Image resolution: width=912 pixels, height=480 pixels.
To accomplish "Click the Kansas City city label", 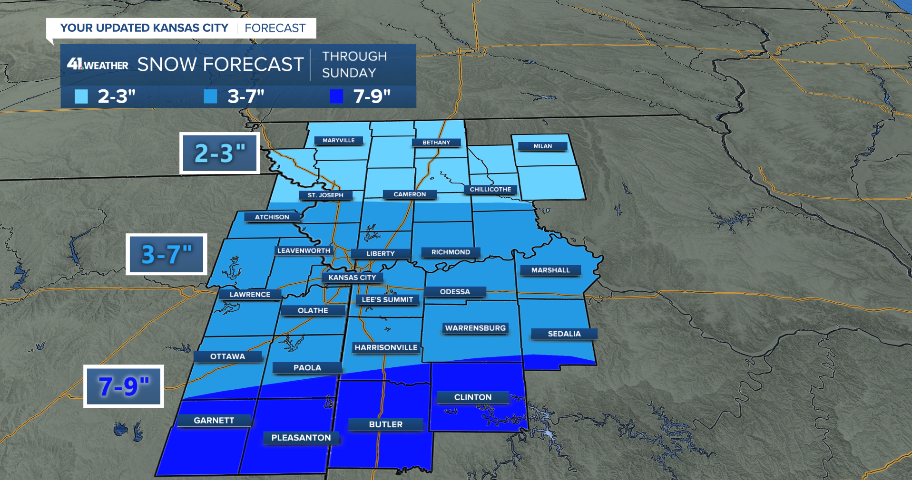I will [352, 278].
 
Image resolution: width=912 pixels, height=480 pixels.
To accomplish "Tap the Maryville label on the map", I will [338, 141].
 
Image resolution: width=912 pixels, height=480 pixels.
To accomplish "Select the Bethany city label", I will [436, 143].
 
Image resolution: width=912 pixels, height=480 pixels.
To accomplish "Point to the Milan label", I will [542, 146].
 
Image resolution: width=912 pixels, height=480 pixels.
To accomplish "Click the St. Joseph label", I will [325, 195].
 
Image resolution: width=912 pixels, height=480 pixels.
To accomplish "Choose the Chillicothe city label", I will [490, 190].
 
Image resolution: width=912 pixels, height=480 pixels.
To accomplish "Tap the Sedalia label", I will [564, 334].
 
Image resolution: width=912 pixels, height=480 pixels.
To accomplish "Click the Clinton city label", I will [472, 397].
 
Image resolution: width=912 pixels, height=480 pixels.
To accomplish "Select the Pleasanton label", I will [301, 438].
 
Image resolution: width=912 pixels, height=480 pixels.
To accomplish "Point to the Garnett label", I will [214, 421].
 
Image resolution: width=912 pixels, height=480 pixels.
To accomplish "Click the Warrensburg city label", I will [475, 328].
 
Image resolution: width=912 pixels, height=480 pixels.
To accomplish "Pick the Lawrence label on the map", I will [250, 295].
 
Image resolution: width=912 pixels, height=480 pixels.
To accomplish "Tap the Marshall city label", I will [550, 270].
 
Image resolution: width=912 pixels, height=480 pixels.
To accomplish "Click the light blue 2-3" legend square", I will [81, 96].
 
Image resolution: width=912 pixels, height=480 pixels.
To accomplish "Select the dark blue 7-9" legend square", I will [336, 96].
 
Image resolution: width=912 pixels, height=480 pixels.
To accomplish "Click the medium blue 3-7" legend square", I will [210, 96].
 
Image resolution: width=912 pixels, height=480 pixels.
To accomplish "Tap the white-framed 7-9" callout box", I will [124, 386].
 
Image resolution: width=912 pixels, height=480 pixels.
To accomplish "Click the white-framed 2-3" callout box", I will [219, 154].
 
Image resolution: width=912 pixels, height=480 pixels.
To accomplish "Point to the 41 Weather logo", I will [98, 64].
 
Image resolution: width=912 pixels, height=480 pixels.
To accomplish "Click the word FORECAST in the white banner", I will [275, 29].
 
